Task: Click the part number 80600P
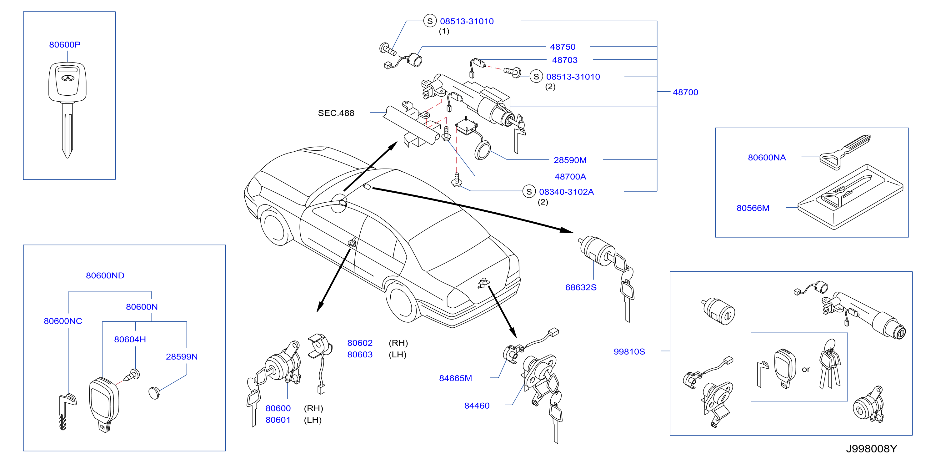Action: coord(65,45)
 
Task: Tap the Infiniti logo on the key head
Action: coord(68,78)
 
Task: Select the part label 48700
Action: coord(685,92)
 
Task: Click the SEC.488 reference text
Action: coord(336,113)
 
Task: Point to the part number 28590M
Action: coord(570,160)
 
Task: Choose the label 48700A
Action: coord(570,177)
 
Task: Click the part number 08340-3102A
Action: coord(566,192)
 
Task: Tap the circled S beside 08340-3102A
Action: coord(529,192)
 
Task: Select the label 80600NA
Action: coord(767,158)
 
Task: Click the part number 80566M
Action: coord(753,208)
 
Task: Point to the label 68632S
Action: coord(581,287)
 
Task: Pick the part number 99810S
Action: coord(629,352)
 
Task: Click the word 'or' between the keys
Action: coord(806,370)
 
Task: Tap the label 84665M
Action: coord(455,378)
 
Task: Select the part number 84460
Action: coord(477,406)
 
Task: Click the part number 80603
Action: coord(360,355)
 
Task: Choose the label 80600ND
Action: coord(105,276)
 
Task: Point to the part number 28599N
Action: coord(182,357)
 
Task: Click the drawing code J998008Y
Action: coord(871,449)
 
